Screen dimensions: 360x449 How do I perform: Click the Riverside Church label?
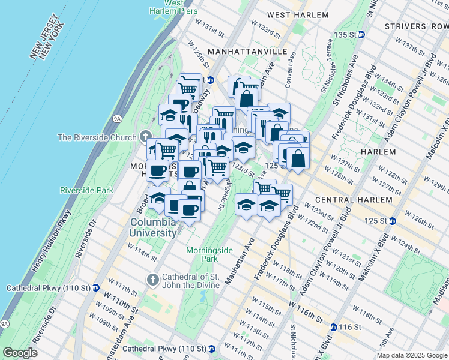coord(97,137)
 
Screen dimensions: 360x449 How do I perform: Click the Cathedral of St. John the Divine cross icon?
coord(152,280)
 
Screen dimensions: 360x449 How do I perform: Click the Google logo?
coord(20,353)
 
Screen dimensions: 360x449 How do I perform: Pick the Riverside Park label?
coord(86,190)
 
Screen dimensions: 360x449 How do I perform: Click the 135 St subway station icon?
coord(361,34)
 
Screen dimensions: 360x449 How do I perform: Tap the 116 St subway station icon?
coord(334,327)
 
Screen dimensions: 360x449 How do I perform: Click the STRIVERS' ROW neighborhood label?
coord(416,26)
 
